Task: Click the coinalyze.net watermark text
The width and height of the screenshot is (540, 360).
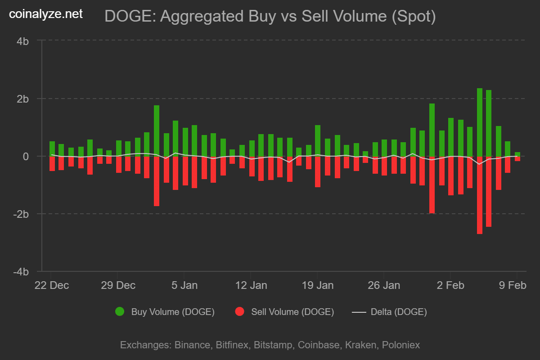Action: [46, 14]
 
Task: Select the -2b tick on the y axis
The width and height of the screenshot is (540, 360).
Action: [22, 214]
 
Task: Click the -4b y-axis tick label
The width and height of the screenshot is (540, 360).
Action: [22, 272]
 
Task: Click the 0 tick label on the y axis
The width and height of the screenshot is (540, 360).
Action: [26, 156]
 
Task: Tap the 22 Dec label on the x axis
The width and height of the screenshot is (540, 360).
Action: [52, 285]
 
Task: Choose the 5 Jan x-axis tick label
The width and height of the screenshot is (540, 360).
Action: [184, 285]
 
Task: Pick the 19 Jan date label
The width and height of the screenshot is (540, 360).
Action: [318, 285]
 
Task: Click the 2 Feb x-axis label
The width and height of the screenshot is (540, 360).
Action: [450, 285]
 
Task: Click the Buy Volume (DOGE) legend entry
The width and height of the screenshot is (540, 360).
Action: [172, 312]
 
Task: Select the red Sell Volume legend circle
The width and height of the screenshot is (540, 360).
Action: [240, 311]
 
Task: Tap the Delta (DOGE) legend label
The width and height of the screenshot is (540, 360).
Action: [398, 312]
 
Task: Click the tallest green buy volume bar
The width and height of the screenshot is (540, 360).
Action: [480, 122]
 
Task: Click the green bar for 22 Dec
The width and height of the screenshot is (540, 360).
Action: [52, 148]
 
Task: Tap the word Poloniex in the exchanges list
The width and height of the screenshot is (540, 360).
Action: [400, 345]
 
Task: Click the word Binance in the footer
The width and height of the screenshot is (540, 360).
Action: [192, 345]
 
